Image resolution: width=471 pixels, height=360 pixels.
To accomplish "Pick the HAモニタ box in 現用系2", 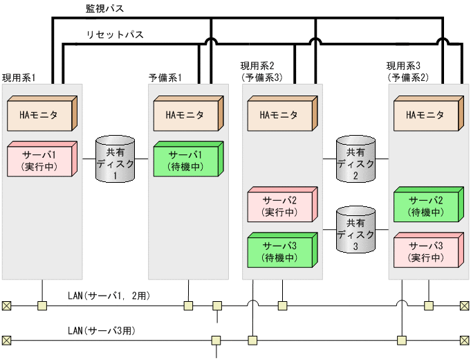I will pos(281,115).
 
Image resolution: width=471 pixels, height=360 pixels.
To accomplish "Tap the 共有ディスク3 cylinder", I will pos(356,229).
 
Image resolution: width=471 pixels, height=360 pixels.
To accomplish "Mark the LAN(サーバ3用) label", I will pos(101,331).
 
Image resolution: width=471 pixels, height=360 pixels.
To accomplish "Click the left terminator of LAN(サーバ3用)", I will pos(6,340).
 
